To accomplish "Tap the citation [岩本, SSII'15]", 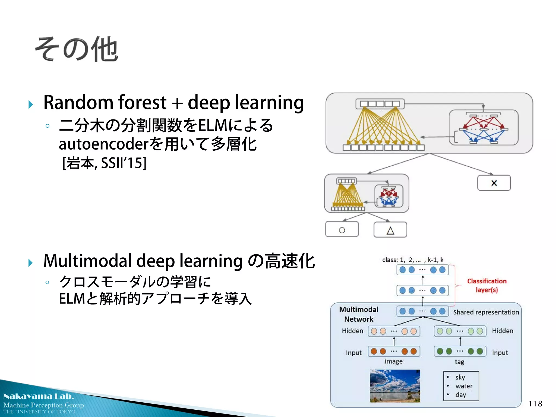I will click(105, 163).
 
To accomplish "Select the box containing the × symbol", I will click(494, 183).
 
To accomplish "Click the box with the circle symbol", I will click(342, 230).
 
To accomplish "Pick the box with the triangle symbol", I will click(390, 230).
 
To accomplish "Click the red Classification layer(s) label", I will click(486, 285).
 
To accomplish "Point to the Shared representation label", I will click(486, 312).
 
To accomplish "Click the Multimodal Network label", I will click(359, 314).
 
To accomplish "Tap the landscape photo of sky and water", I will click(395, 386).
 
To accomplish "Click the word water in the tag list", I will click(464, 386).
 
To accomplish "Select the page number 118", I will click(535, 404).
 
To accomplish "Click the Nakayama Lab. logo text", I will click(39, 396).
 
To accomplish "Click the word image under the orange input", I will click(393, 361).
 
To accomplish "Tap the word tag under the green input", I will click(459, 362).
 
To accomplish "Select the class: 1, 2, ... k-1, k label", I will click(413, 260).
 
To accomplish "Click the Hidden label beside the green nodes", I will click(503, 331).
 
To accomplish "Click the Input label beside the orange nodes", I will click(353, 353).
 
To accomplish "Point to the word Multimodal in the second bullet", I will click(87, 261).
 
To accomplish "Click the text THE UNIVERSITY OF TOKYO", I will click(39, 412).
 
